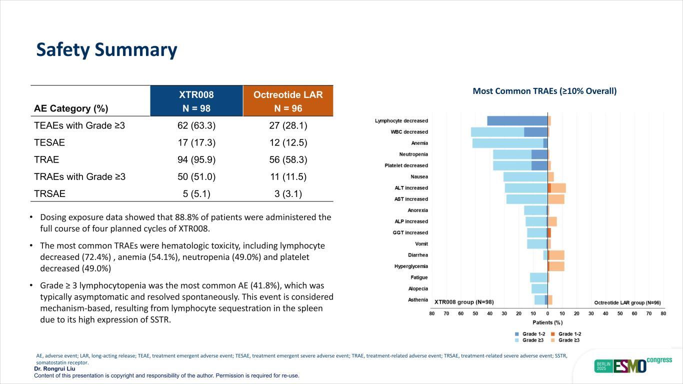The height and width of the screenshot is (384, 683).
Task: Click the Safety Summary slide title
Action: [106, 50]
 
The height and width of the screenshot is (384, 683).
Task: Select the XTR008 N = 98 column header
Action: [196, 101]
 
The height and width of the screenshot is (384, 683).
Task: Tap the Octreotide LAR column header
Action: [288, 101]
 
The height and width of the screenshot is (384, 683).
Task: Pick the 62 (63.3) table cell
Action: [196, 125]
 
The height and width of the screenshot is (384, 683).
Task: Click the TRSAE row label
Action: [49, 194]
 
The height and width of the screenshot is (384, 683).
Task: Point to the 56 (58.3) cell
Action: [288, 159]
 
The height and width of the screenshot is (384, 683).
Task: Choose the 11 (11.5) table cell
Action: [288, 176]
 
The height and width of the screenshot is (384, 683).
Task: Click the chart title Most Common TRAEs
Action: [544, 91]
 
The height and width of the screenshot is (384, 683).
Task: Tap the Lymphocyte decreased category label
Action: [401, 121]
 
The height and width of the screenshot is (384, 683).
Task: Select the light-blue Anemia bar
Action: [507, 143]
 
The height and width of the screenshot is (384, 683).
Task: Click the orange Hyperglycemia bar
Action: [557, 266]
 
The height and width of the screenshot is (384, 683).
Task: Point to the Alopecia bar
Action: [539, 288]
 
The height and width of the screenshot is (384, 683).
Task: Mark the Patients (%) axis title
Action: [547, 322]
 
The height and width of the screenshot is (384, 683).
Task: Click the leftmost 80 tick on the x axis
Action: [432, 313]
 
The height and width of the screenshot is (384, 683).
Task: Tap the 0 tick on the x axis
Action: [547, 313]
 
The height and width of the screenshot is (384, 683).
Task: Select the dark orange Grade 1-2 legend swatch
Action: [552, 334]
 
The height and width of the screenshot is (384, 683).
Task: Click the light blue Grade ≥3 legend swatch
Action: [517, 340]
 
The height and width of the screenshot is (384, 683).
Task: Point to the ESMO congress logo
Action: [632, 365]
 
